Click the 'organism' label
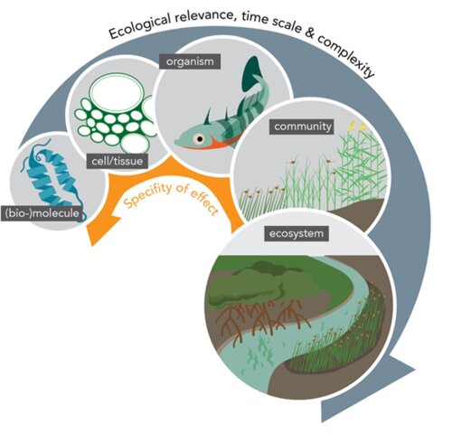tap(190, 61)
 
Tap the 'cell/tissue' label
tap(118, 161)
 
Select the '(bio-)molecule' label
tap(42, 213)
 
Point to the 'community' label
tap(303, 127)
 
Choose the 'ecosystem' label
tap(297, 233)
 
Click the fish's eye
tap(199, 139)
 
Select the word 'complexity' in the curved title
tap(346, 55)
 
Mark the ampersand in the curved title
tap(309, 33)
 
